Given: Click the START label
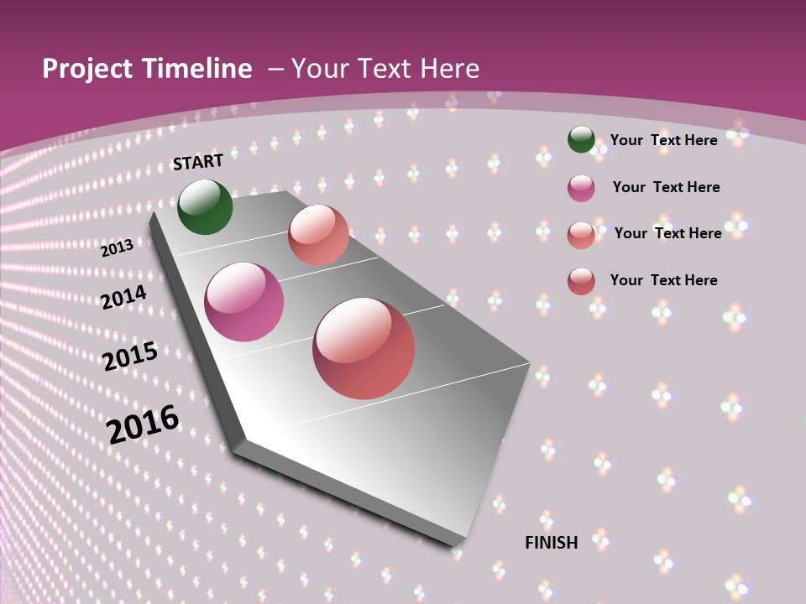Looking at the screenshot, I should pyautogui.click(x=198, y=162).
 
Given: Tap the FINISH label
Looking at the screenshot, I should pyautogui.click(x=552, y=543).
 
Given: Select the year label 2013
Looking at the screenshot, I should pyautogui.click(x=118, y=247).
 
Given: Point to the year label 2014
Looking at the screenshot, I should pyautogui.click(x=124, y=298).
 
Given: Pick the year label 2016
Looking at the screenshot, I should pyautogui.click(x=143, y=424).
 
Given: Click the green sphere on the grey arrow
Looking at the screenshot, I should pyautogui.click(x=205, y=207).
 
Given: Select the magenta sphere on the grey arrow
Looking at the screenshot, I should pyautogui.click(x=244, y=302).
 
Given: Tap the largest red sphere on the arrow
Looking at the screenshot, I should pyautogui.click(x=364, y=348).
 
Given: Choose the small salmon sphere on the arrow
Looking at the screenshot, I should pyautogui.click(x=318, y=235).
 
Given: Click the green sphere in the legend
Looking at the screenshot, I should pyautogui.click(x=581, y=140).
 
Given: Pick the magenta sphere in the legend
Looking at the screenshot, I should pyautogui.click(x=581, y=188).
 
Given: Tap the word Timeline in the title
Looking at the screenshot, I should pyautogui.click(x=199, y=69).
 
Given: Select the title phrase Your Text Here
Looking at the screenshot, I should pyautogui.click(x=385, y=69).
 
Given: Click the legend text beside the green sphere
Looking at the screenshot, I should pyautogui.click(x=663, y=140).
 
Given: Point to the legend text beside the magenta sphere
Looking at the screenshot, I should pyautogui.click(x=666, y=187).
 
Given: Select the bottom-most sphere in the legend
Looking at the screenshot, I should pyautogui.click(x=581, y=281).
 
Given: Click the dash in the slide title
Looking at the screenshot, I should pyautogui.click(x=275, y=69).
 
